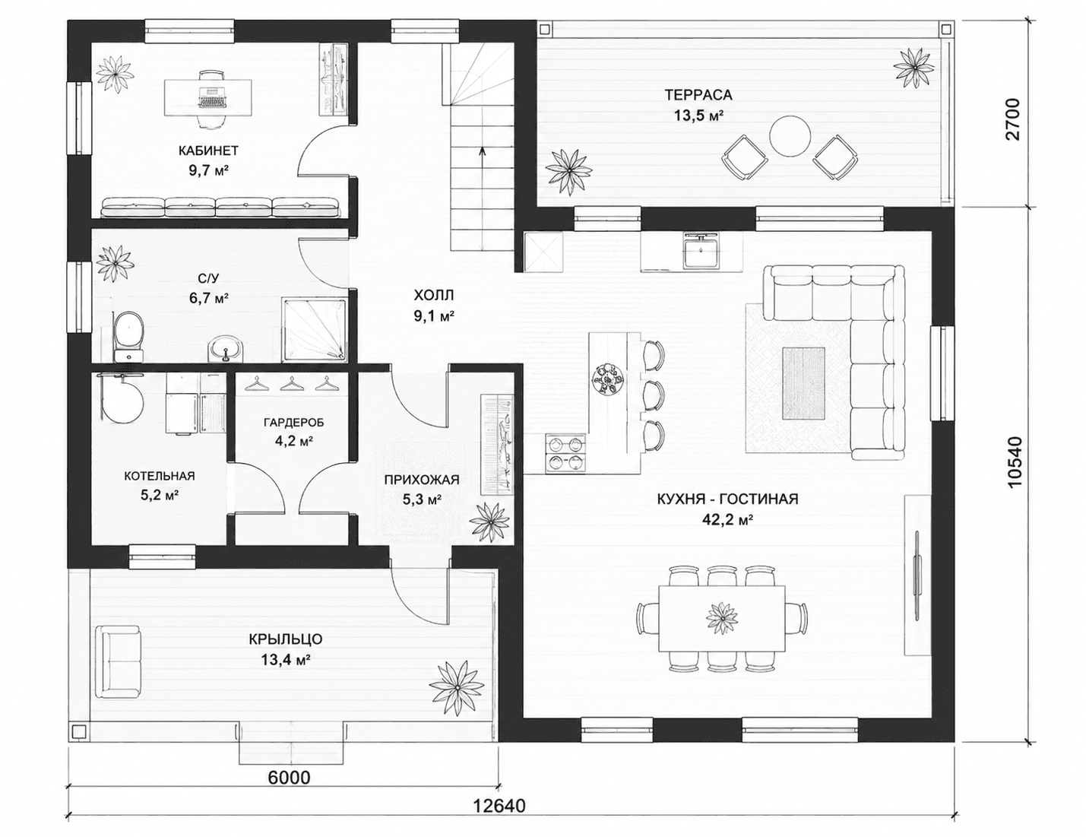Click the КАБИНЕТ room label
coord(208,151)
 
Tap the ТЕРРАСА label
coord(698,94)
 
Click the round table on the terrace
coord(790,136)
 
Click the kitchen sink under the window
coord(701,250)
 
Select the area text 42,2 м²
coord(727,520)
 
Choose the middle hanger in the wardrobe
coord(289,383)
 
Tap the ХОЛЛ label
coord(434,295)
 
